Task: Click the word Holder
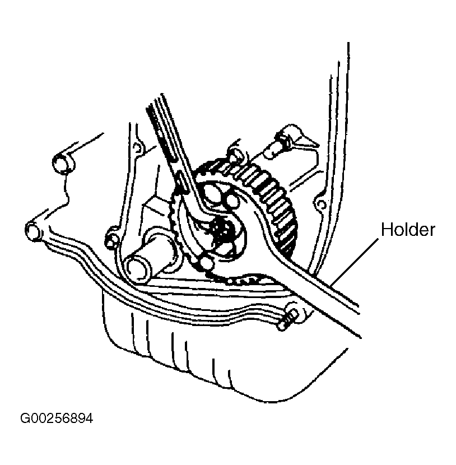click(407, 229)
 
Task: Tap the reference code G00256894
click(56, 418)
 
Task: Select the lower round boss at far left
click(33, 230)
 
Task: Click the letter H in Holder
click(385, 229)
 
